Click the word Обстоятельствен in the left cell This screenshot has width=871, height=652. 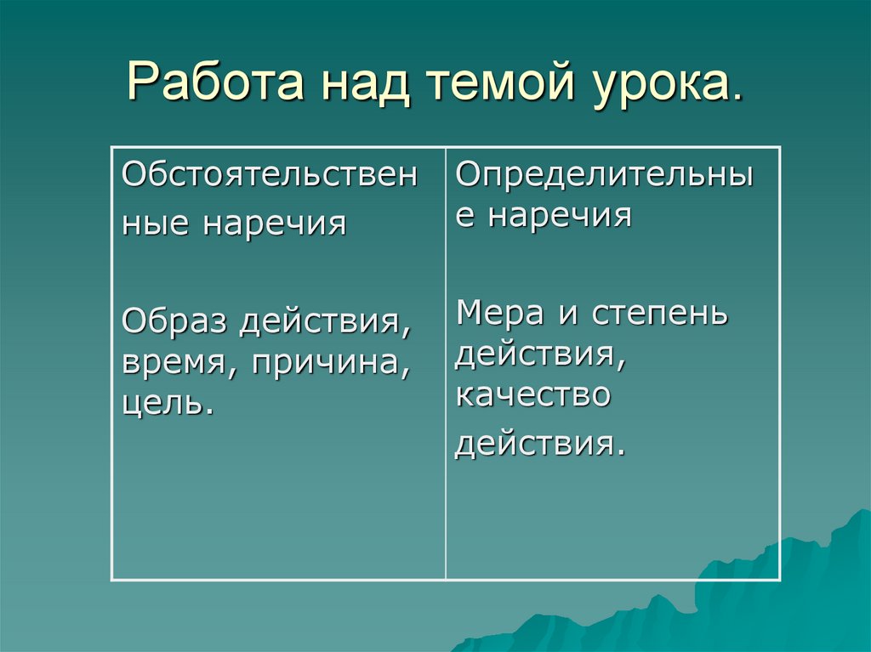click(x=270, y=176)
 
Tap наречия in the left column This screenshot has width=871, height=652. click(x=275, y=224)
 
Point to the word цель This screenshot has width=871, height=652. click(x=163, y=403)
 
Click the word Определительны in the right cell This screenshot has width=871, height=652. click(x=605, y=174)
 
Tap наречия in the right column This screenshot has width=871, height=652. click(x=560, y=216)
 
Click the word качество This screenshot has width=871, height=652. click(x=532, y=395)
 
